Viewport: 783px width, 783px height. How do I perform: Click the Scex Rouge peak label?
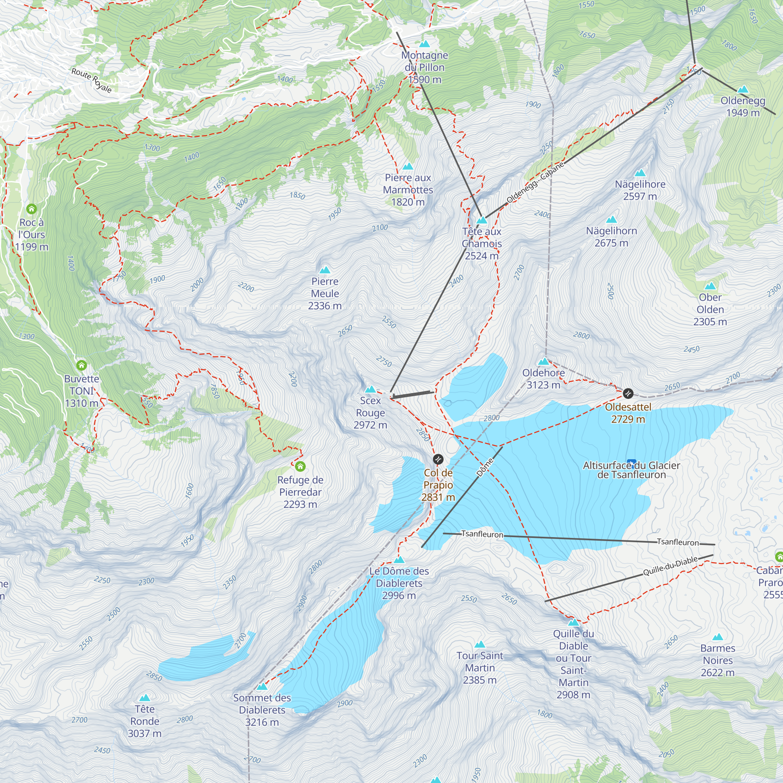(370, 413)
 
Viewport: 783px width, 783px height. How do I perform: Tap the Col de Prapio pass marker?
(438, 459)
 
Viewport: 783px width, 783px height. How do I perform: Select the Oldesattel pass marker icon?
(628, 393)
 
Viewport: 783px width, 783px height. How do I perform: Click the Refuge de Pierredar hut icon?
(300, 467)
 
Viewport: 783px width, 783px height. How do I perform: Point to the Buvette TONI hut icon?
(81, 365)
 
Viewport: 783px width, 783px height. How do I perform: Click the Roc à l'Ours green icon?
(32, 209)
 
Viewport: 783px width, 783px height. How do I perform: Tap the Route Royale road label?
(92, 80)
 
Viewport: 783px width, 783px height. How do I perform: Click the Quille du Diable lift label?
(670, 566)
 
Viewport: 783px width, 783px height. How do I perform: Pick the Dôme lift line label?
(485, 467)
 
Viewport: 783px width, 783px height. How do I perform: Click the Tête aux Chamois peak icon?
(482, 220)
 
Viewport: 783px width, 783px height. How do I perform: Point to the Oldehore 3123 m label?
(543, 379)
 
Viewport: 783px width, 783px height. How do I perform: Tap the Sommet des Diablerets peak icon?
(262, 687)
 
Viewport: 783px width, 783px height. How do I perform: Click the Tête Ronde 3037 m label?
(145, 721)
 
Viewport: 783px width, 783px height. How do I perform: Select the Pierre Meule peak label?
(325, 293)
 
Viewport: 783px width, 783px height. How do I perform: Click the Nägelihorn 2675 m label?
(611, 237)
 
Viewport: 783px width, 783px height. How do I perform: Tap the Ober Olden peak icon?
(710, 287)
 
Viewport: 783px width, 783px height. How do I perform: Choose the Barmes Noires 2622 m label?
(717, 660)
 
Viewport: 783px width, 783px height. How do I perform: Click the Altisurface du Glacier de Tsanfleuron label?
(631, 470)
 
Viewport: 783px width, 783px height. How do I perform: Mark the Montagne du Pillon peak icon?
(424, 44)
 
